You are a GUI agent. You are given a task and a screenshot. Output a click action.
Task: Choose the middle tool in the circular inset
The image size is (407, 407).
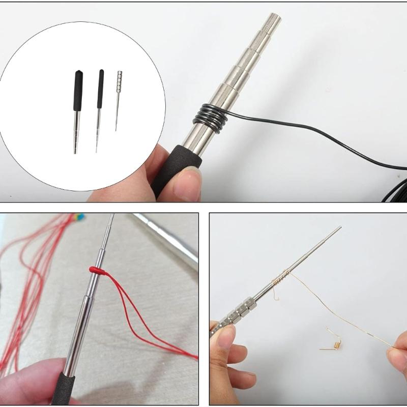[x=99, y=109]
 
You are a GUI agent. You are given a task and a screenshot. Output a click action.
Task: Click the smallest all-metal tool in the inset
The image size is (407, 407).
[x=119, y=100]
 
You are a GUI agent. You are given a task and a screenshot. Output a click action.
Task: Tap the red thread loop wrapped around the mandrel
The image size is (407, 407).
[x=96, y=271]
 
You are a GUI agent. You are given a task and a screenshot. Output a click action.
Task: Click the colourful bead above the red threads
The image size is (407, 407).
[x=78, y=217]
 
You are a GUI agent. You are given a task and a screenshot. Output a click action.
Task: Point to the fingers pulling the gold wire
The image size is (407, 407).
[x=397, y=351]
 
